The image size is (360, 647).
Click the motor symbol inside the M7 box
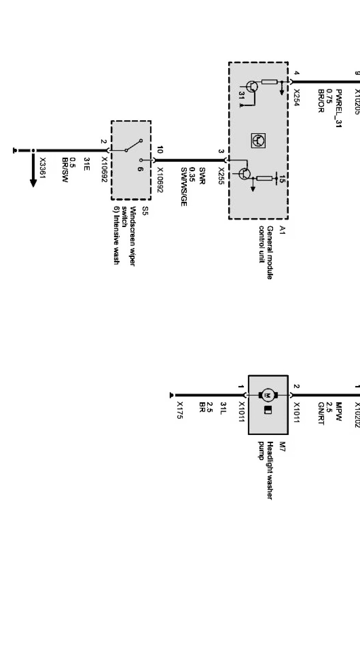(267, 395)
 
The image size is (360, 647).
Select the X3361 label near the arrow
(43, 169)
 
